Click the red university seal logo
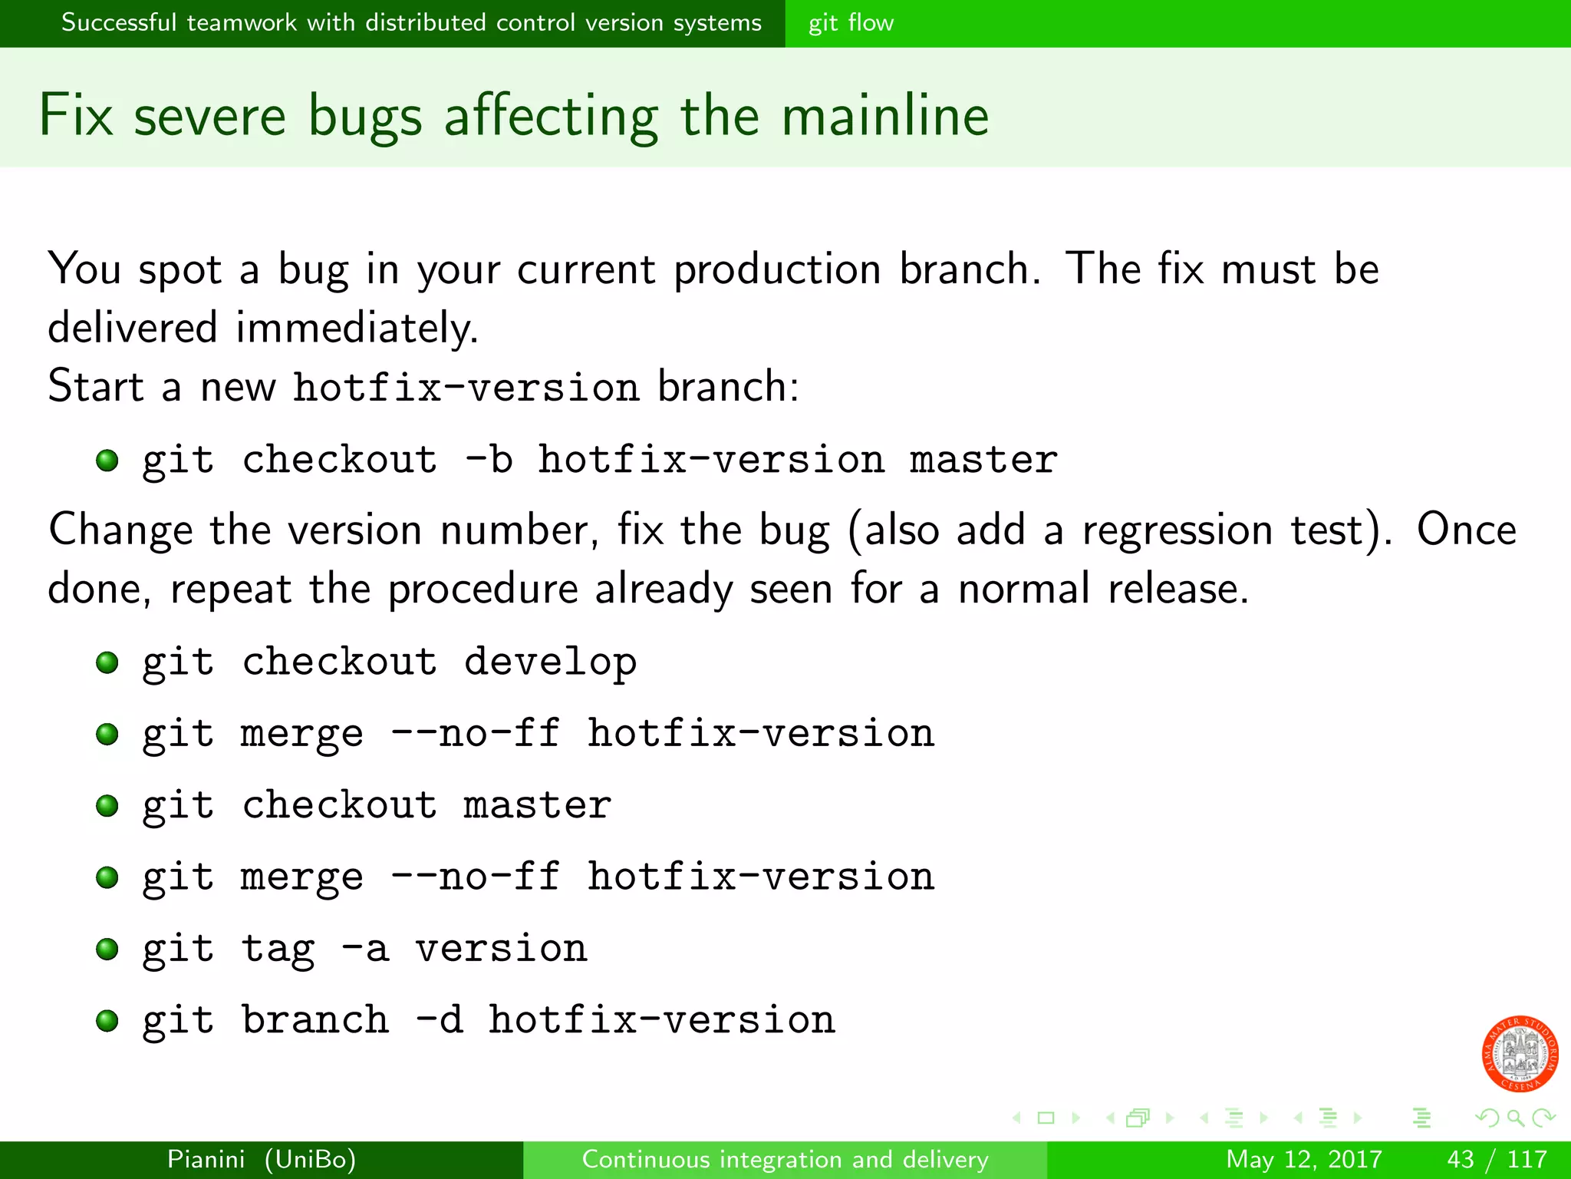click(x=1520, y=1054)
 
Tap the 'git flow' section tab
click(x=851, y=23)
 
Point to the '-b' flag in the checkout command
click(x=489, y=460)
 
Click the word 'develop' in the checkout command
click(x=550, y=662)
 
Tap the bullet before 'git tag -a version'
click(x=107, y=949)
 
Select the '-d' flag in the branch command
click(x=439, y=1020)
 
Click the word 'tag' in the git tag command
click(x=278, y=949)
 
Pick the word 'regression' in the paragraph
click(x=1176, y=531)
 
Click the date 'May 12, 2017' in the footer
click(x=1303, y=1159)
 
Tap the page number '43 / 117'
click(x=1496, y=1159)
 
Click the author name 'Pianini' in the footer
click(x=206, y=1159)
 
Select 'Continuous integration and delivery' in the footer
click(x=785, y=1159)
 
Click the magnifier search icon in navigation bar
click(x=1515, y=1118)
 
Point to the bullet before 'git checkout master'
click(x=107, y=806)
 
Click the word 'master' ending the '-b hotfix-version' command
click(x=983, y=460)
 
